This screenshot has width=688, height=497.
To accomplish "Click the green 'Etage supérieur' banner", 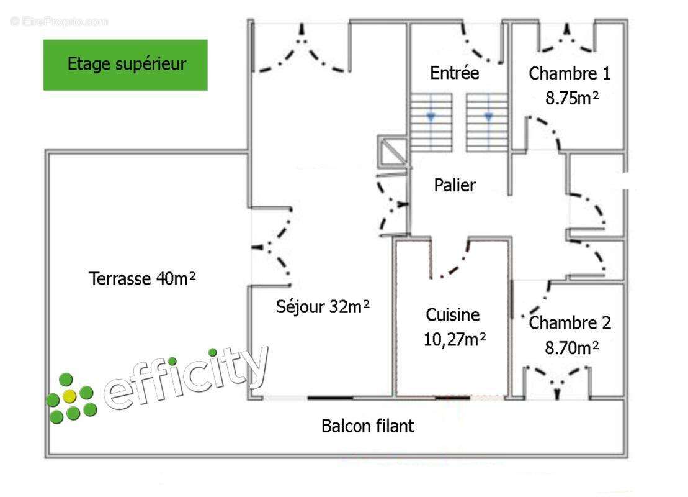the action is [125, 65].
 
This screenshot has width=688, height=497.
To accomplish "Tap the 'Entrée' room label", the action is [454, 73].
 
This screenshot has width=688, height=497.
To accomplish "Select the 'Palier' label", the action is [455, 185].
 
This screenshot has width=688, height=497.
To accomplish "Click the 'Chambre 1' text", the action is [570, 73].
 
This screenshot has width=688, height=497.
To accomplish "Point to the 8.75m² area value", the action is [572, 98].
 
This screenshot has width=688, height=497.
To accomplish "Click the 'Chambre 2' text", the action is [570, 323].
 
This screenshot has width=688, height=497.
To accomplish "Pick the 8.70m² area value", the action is [572, 348].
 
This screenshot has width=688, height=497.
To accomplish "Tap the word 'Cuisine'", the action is [452, 314].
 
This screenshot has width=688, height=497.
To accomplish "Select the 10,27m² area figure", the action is [455, 339].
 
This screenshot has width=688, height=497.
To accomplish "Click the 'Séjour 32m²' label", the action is [323, 306].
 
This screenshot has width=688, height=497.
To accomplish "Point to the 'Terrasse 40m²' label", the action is [141, 278].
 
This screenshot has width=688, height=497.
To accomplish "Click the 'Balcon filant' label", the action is [368, 426].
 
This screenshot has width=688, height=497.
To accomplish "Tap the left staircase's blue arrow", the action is [431, 117].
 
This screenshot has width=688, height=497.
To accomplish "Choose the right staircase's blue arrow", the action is [488, 117].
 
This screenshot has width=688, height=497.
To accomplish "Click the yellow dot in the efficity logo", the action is [69, 396].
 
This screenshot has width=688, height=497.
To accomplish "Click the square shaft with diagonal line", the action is [393, 151].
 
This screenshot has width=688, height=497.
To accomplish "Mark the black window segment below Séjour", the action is [330, 398].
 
